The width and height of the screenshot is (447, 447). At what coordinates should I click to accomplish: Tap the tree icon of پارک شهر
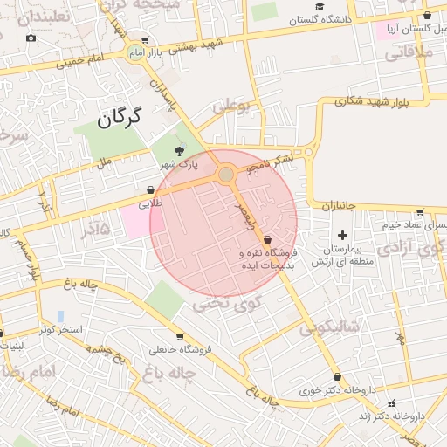180,151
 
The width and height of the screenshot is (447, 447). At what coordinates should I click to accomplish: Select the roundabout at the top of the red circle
226,175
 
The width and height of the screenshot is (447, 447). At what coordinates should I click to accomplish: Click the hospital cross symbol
342,235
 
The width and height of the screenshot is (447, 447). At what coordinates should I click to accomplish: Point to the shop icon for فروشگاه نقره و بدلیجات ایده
267,238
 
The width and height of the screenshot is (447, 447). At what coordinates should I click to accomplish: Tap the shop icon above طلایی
151,189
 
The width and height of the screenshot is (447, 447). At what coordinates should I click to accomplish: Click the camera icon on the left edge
31,38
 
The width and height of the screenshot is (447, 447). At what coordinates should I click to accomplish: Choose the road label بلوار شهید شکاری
370,102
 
